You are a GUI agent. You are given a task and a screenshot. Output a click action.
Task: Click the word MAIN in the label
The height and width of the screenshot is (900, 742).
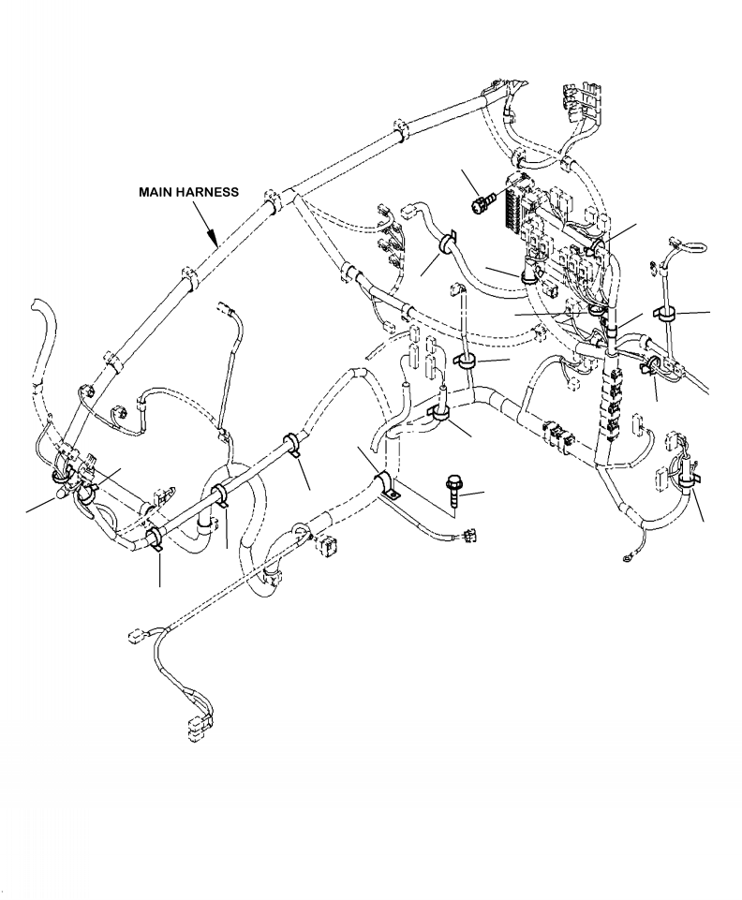pos(157,191)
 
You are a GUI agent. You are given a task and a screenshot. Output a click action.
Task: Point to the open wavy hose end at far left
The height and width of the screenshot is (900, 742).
pos(38,309)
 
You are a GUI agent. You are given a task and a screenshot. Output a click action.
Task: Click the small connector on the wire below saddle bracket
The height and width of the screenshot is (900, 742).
pos(468,538)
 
